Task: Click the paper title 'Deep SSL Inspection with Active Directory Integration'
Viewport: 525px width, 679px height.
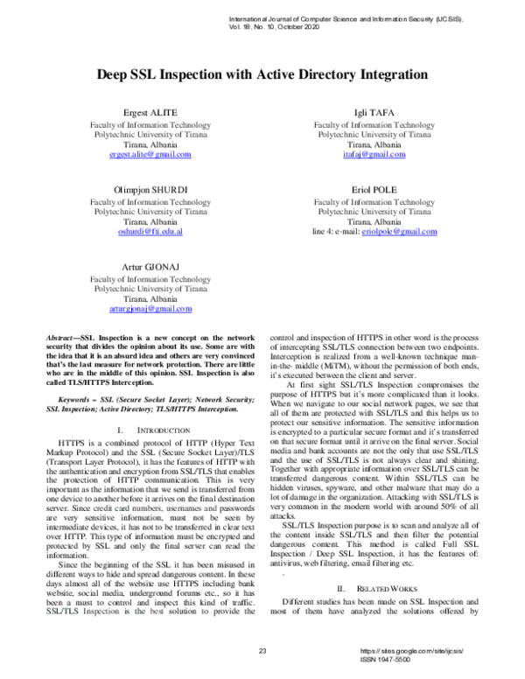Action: point(262,76)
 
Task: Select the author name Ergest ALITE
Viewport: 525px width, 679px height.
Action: point(150,114)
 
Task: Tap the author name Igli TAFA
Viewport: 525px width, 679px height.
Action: point(374,114)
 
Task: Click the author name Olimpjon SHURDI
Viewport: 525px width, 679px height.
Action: point(150,190)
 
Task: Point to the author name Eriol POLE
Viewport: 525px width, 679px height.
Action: point(374,190)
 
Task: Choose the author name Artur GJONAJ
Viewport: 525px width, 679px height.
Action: point(150,267)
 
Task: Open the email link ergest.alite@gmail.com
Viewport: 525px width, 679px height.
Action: point(150,155)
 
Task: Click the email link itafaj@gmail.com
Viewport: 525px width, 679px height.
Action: point(374,155)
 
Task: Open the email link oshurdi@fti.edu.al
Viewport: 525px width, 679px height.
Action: point(150,231)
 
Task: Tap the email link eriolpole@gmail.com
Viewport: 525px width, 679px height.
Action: point(399,231)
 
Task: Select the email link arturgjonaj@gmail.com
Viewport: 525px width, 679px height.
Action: point(150,309)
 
